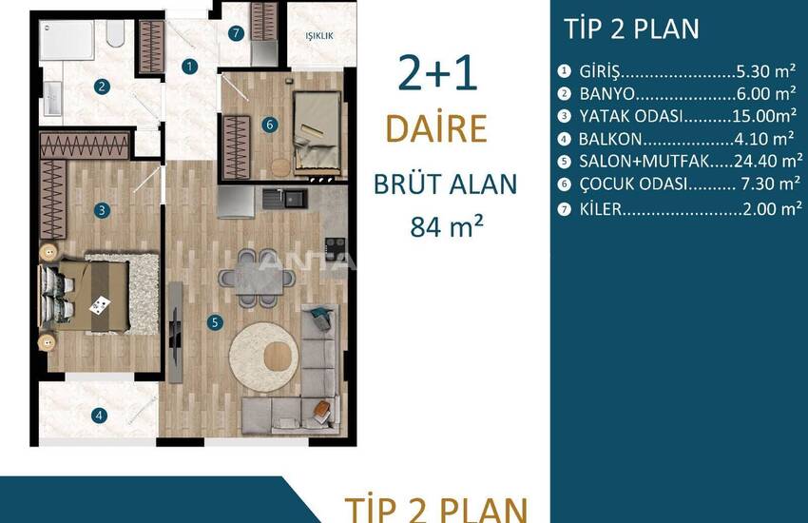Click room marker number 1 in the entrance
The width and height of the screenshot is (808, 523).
189,67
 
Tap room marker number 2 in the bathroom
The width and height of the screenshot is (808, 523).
102,87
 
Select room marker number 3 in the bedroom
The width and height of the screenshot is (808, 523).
102,210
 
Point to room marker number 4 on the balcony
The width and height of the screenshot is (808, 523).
100,416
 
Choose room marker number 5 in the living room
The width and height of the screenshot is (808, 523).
215,323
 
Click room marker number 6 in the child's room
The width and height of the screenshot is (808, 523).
270,125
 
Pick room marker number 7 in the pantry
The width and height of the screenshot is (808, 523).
236,33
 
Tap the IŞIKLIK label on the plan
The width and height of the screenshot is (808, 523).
319,36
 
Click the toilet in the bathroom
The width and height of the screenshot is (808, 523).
115,34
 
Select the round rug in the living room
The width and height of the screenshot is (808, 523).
264,358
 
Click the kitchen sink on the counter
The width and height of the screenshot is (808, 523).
285,199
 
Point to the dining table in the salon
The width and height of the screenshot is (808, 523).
259,278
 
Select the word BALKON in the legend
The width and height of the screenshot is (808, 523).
610,139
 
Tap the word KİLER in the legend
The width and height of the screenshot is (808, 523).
601,209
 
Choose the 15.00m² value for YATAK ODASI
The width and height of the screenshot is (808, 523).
764,116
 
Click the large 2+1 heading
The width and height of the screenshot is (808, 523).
437,73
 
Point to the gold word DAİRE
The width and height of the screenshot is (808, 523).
436,128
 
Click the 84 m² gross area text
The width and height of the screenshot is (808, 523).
446,226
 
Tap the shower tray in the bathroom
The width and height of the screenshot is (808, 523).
67,41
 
